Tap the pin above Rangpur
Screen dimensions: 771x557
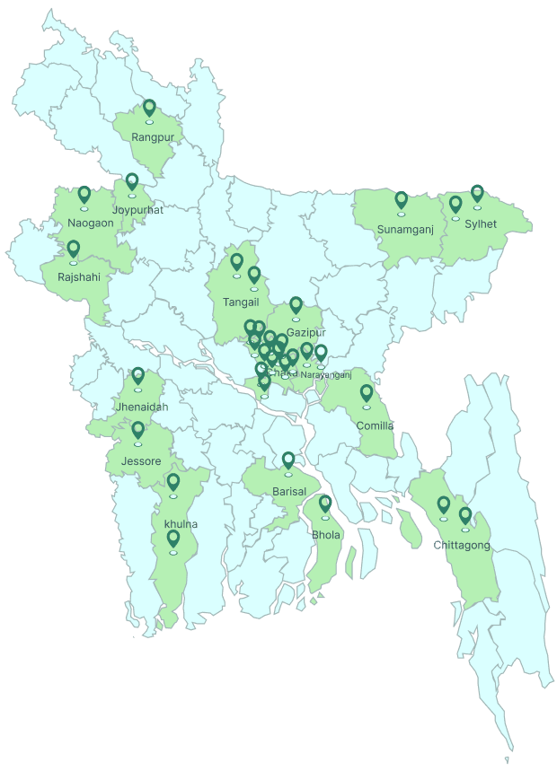point(149,110)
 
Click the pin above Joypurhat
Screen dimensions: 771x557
point(132,182)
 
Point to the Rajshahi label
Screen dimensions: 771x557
point(79,276)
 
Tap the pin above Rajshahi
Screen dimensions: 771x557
point(74,249)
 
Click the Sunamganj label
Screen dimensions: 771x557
point(405,229)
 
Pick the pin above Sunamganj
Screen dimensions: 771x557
point(402,200)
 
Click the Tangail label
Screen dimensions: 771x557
point(241,302)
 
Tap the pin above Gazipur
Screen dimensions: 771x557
point(296,306)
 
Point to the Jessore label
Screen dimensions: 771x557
point(140,461)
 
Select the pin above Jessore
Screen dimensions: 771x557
point(138,431)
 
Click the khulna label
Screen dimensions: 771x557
point(181,523)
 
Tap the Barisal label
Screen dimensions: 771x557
point(289,491)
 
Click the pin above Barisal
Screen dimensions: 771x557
point(288,460)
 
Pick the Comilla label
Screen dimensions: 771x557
point(376,425)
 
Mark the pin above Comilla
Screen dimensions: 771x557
point(367,393)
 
